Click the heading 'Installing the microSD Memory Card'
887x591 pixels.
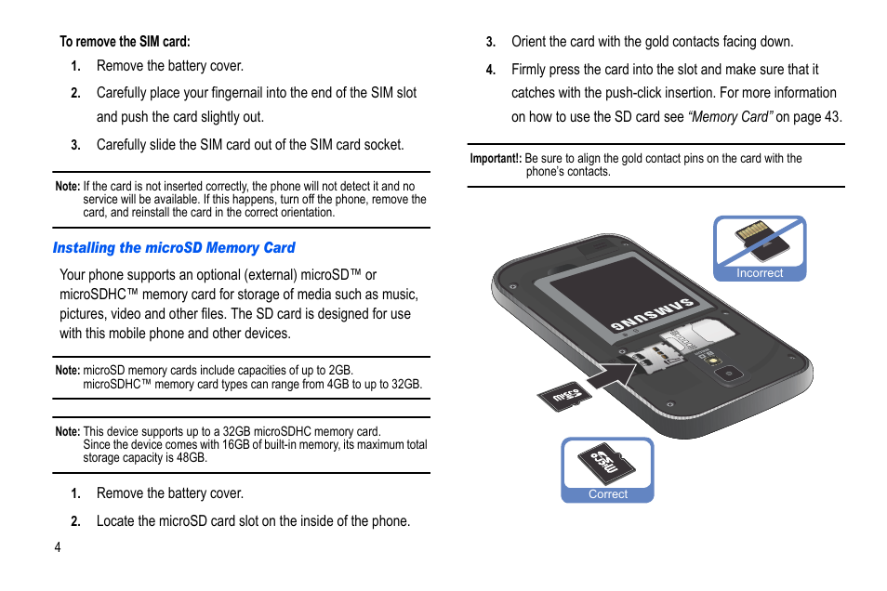(x=174, y=248)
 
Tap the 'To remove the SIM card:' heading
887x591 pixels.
(x=125, y=42)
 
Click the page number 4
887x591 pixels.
(x=58, y=547)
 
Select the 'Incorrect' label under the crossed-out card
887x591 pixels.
(x=760, y=273)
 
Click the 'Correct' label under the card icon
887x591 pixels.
(x=608, y=494)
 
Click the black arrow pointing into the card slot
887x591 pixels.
(x=611, y=376)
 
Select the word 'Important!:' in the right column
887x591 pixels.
(x=496, y=159)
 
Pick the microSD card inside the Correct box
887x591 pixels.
(x=606, y=464)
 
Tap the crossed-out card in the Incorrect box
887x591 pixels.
(x=761, y=243)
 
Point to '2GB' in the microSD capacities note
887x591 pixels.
(x=338, y=371)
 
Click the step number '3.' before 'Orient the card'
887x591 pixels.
(x=491, y=43)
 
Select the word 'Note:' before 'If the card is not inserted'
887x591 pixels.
(x=68, y=187)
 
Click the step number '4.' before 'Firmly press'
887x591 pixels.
(x=491, y=71)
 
